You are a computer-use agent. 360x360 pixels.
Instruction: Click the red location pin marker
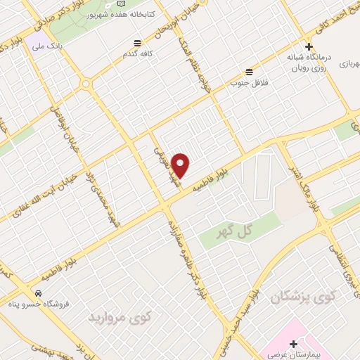(181, 166)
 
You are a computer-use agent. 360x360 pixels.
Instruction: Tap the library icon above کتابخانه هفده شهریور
(122, 4)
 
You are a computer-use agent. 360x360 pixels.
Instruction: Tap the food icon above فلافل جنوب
(250, 71)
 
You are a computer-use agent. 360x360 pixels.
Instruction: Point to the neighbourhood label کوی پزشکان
(314, 297)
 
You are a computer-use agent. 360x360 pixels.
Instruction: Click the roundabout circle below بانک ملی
(86, 84)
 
